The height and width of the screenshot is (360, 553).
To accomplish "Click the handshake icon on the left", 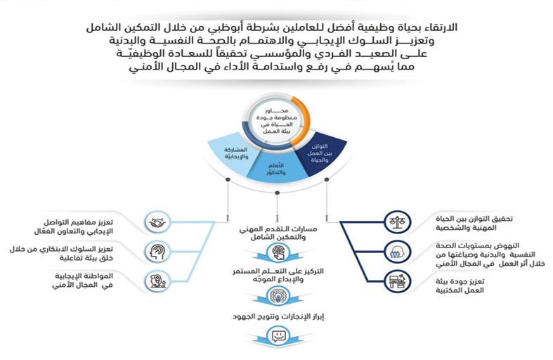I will click(x=155, y=224).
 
